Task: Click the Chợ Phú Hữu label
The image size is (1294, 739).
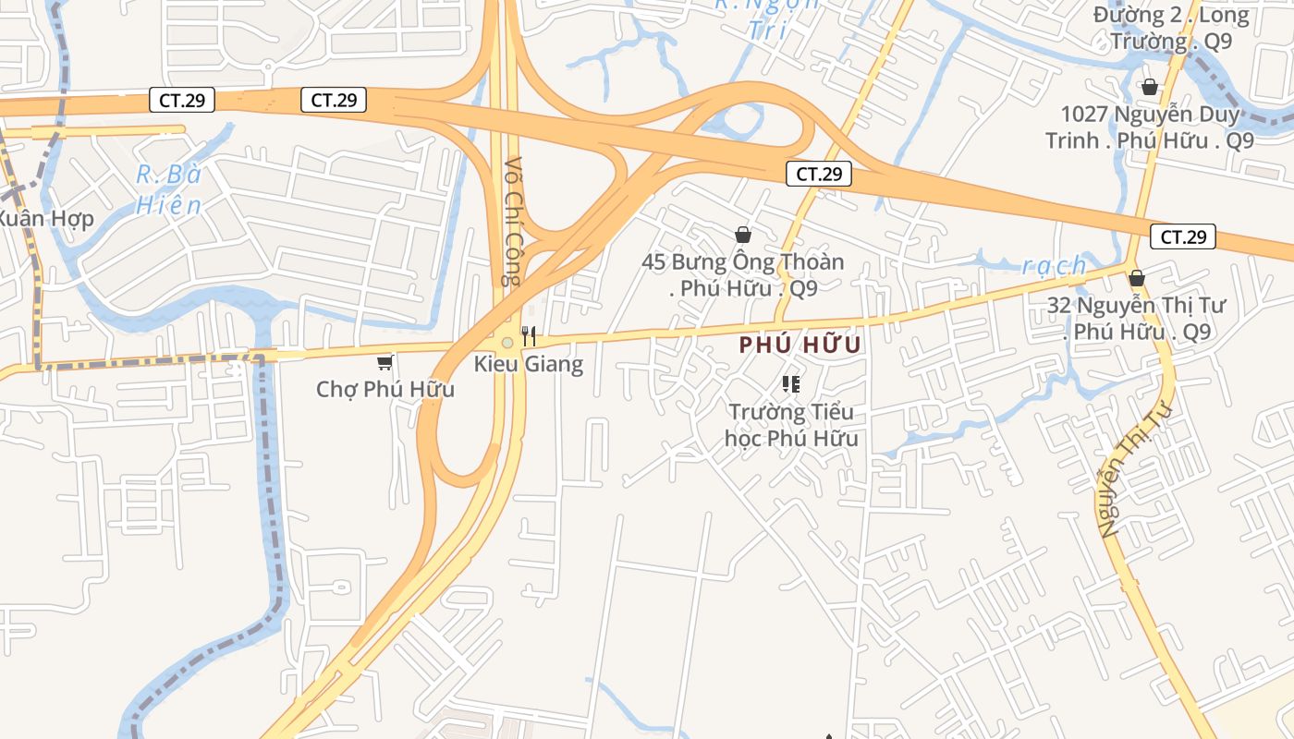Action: tap(385, 389)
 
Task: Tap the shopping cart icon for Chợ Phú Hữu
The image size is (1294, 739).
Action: tap(385, 362)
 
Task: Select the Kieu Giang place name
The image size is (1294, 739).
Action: tap(529, 364)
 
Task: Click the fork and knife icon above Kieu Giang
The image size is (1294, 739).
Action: tap(529, 335)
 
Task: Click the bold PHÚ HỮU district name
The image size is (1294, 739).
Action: tap(800, 345)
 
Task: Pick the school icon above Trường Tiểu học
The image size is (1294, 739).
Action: tap(790, 383)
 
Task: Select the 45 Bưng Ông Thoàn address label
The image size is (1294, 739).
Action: tap(743, 274)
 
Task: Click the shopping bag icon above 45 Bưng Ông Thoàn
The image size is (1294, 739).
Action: tap(743, 236)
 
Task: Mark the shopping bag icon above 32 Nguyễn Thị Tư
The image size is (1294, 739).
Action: tap(1137, 278)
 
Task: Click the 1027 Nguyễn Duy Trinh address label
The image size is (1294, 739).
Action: tap(1150, 127)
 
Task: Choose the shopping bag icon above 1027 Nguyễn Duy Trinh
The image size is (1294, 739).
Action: tap(1150, 87)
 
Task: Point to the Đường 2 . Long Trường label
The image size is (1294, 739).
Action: tap(1171, 28)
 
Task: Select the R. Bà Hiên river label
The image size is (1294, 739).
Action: tap(168, 189)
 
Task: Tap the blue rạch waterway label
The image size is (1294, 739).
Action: tap(1055, 266)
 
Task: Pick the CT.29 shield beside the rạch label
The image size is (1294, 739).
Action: tap(1183, 236)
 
